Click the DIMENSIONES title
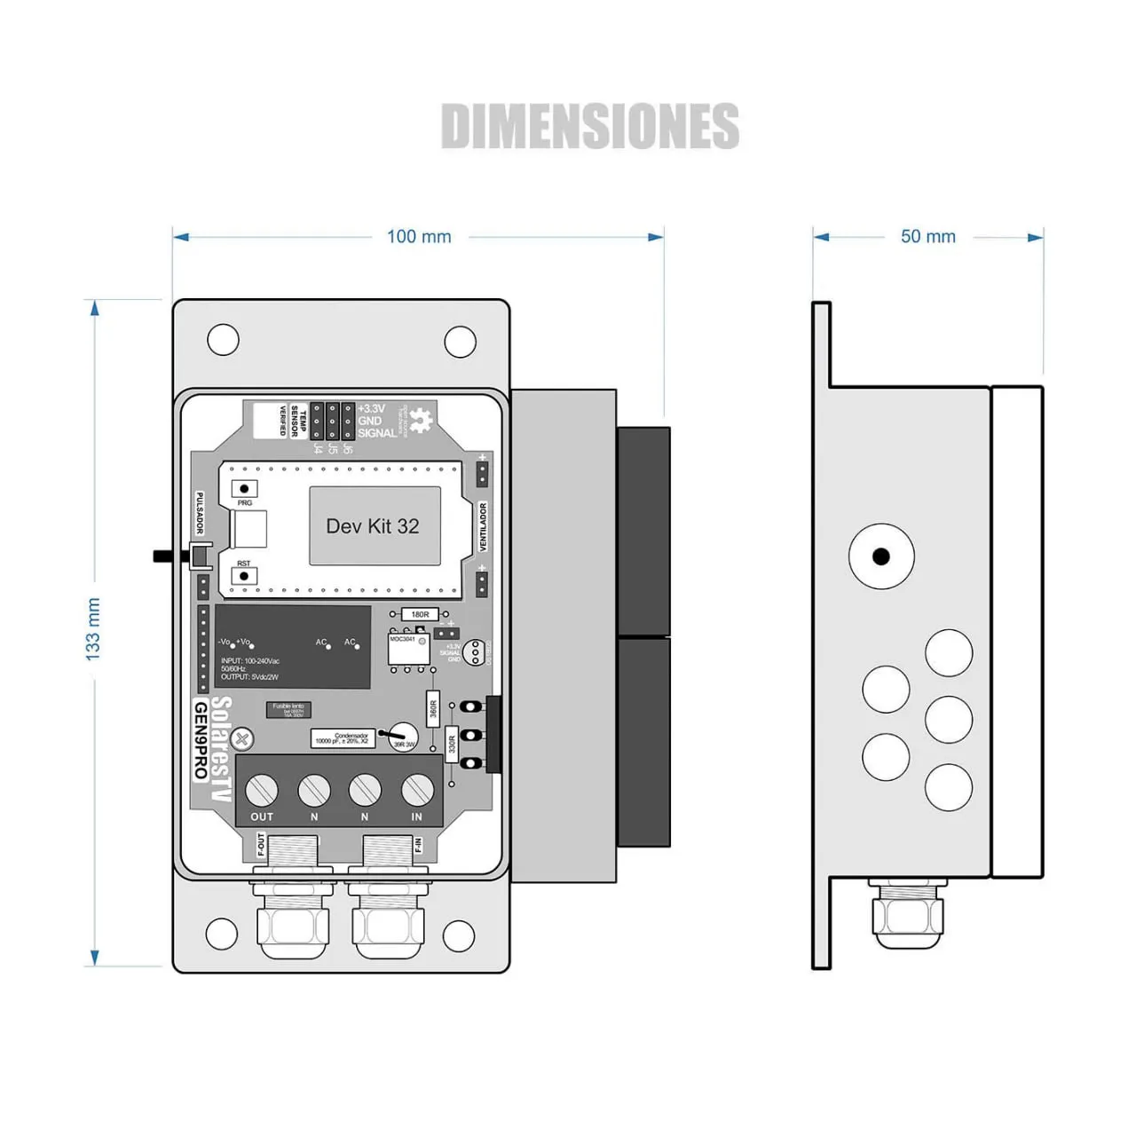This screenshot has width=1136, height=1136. pos(589,126)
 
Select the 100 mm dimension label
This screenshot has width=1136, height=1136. pos(419,237)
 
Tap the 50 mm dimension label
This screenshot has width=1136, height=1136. pos(928,237)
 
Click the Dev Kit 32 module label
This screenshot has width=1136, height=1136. pos(373,526)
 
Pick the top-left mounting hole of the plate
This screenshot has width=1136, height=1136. pos(223,339)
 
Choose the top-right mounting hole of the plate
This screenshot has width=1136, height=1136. pos(460,342)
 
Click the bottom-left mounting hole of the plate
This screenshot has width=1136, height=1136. pos(221,933)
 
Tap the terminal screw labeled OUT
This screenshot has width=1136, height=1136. pos(262,789)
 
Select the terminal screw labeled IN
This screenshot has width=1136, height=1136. pos(417,789)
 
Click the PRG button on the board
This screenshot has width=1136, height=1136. pos(244,489)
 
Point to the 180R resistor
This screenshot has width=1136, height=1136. pos(420,614)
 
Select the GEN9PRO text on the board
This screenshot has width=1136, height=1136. pos(201,740)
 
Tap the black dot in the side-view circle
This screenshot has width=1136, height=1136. pos(880,556)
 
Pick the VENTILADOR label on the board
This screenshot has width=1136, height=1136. pos(483,526)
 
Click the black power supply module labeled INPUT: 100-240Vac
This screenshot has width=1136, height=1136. pos(293,647)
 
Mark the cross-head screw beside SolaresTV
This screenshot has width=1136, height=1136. pos(241,737)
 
